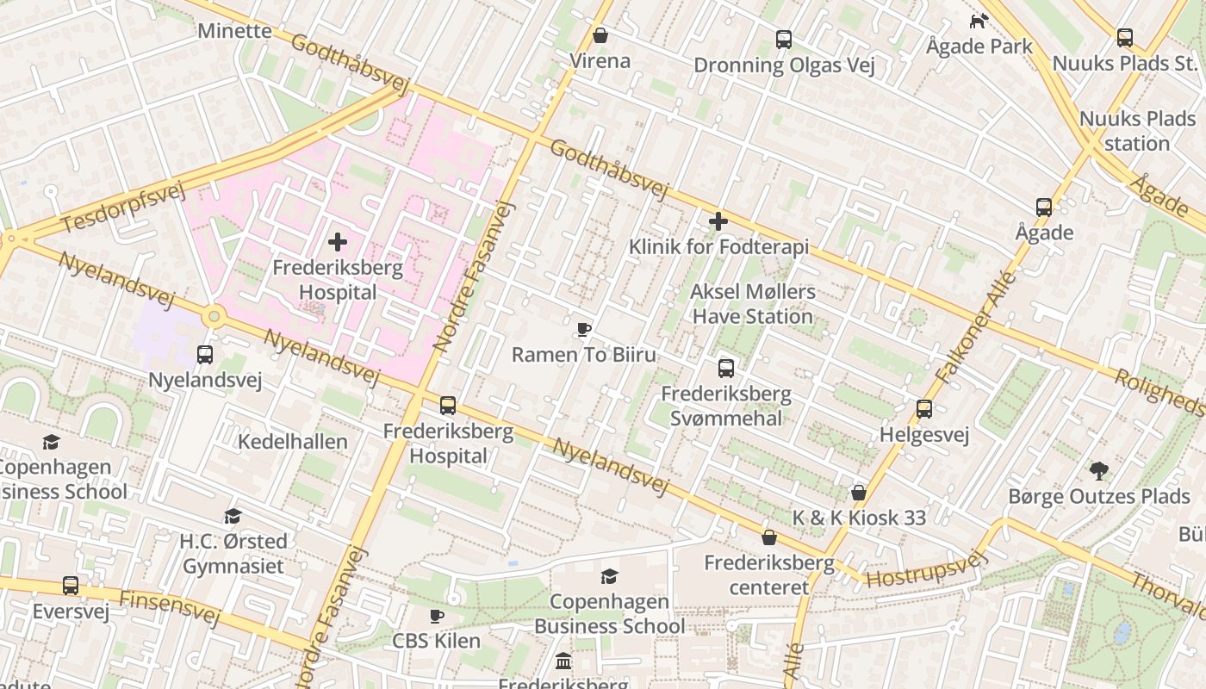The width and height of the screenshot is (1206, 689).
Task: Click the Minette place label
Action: click(x=234, y=31)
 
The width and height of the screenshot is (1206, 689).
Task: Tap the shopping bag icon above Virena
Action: click(x=600, y=35)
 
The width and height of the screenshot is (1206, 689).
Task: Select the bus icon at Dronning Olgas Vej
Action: click(x=783, y=39)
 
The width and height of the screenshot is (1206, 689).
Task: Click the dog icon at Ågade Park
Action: click(x=979, y=21)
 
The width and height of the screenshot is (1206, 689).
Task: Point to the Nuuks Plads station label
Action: click(x=1137, y=131)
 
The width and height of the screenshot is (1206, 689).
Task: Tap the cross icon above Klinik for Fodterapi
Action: click(x=718, y=222)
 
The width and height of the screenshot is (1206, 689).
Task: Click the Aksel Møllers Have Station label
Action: click(x=752, y=304)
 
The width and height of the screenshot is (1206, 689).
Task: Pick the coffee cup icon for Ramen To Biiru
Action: click(x=583, y=329)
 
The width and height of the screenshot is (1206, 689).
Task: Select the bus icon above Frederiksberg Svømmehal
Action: click(x=726, y=369)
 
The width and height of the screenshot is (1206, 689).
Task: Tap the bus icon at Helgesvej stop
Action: click(x=924, y=409)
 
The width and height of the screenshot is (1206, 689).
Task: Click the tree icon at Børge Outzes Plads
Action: click(x=1098, y=471)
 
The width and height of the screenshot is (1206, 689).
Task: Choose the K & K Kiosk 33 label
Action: click(x=859, y=518)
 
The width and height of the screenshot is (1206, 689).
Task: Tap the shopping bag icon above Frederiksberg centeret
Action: click(x=769, y=537)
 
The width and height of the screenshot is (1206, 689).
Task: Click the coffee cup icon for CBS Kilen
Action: click(x=437, y=616)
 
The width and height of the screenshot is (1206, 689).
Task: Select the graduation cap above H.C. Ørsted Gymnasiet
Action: click(x=233, y=516)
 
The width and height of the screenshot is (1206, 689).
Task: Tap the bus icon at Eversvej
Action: click(x=71, y=586)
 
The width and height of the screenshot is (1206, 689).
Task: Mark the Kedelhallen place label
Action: click(x=293, y=442)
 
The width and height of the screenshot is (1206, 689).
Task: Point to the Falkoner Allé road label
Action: click(x=975, y=328)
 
